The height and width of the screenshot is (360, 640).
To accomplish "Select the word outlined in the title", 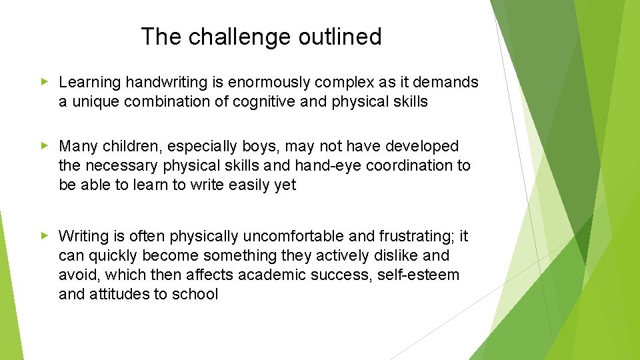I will (x=340, y=37).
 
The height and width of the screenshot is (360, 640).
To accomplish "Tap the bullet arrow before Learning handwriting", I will (x=45, y=82).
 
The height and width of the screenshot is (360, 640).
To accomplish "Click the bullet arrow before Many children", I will (x=45, y=145).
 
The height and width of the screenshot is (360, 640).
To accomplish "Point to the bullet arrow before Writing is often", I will (x=45, y=235).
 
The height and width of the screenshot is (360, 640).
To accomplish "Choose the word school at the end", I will (x=195, y=294).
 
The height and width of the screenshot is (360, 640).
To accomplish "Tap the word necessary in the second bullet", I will (x=121, y=165).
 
